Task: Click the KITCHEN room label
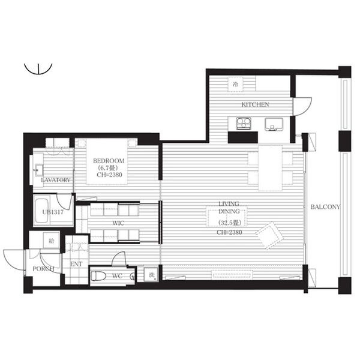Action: pos(255,104)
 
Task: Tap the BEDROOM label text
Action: pos(109,161)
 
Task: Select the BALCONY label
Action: pos(325,207)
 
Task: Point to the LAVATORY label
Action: pos(56,180)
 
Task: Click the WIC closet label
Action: pos(118,223)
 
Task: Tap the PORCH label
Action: pos(43,269)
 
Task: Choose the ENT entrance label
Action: pos(76,264)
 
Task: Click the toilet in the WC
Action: pos(98,276)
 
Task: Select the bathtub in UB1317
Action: pos(42,211)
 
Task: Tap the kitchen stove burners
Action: pos(244,123)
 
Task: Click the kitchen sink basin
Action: pos(274,124)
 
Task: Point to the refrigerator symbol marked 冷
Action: pos(236,84)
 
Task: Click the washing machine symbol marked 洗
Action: pos(151,275)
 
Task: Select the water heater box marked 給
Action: pos(52,241)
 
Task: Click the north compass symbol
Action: pos(38,68)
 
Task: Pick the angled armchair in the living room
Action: pos(269,235)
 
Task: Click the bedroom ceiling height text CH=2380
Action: pos(109,175)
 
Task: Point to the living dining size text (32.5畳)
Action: pos(229,223)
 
